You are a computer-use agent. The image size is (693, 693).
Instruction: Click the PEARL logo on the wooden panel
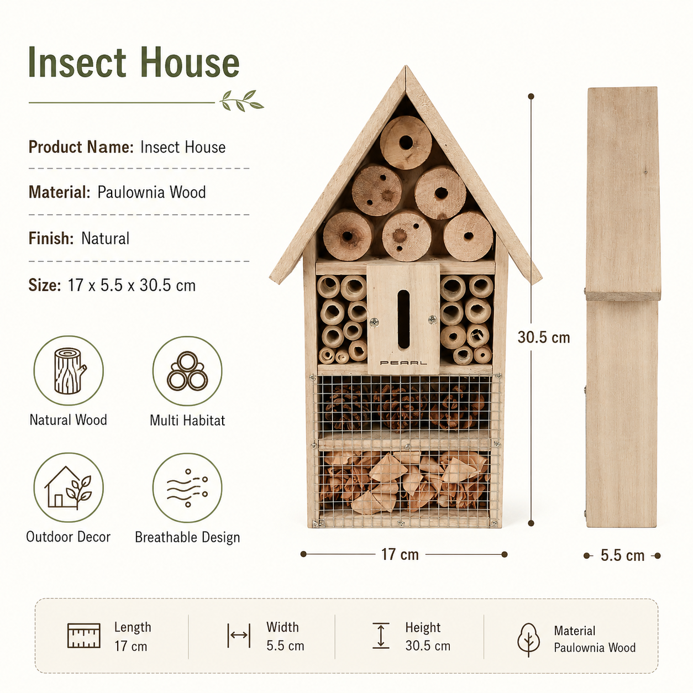[x=403, y=363]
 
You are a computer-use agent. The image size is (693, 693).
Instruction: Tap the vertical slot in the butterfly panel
[x=403, y=320]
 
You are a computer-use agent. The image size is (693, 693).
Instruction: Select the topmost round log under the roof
[x=406, y=143]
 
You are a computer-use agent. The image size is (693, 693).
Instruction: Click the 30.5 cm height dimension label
[x=544, y=337]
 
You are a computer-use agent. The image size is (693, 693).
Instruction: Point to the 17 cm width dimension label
[x=400, y=554]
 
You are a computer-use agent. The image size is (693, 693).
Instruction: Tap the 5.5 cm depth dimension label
[x=622, y=555]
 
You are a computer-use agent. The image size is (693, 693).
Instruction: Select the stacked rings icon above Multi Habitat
[x=187, y=371]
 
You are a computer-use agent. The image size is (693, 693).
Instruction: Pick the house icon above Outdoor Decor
[x=69, y=487]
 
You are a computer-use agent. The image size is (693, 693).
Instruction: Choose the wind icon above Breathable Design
[x=187, y=488]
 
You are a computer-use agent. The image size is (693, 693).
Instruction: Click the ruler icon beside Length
[x=84, y=636]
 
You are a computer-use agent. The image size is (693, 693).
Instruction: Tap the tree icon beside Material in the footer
[x=528, y=640]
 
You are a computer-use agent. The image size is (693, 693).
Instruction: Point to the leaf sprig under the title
[x=242, y=101]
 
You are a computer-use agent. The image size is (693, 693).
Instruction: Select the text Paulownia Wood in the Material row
[x=151, y=192]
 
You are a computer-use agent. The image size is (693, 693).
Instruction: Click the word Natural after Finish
[x=105, y=238]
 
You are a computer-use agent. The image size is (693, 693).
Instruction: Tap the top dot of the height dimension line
[x=531, y=96]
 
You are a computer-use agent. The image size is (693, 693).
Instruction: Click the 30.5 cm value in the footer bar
[x=428, y=646]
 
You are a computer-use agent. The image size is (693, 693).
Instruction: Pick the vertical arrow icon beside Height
[x=381, y=636]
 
